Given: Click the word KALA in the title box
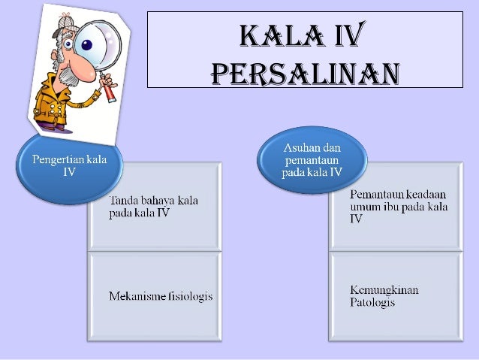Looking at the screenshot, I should [276, 35].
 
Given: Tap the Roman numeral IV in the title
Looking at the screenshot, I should [346, 35].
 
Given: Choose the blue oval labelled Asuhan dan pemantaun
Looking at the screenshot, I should [312, 160].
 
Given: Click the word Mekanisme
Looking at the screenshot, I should [138, 296].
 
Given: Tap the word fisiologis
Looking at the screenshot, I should [191, 296].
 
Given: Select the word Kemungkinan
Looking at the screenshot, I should [384, 290].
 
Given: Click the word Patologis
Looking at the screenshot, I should [372, 302].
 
